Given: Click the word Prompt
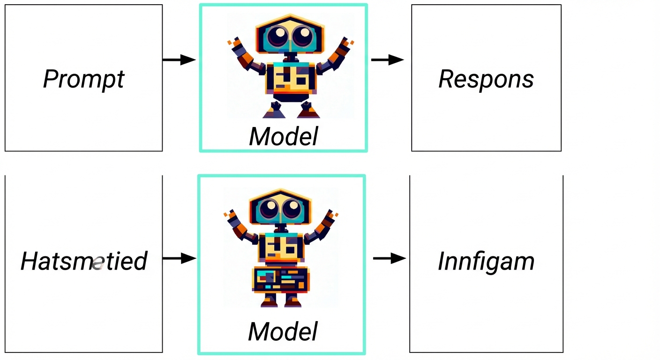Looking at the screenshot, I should point(83,79).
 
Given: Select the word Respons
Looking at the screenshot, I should point(486,79).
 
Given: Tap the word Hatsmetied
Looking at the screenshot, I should point(84,261).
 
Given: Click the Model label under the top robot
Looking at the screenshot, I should point(284,136).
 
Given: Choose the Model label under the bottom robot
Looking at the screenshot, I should point(283,331).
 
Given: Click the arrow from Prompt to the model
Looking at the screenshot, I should point(179,60).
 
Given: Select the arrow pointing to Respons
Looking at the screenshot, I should point(388,60).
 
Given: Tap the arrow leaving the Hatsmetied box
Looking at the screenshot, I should point(179,258).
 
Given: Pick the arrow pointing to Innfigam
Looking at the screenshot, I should point(390,258).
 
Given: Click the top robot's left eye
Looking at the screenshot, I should point(277,36).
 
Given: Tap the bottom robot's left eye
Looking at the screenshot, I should point(269,207).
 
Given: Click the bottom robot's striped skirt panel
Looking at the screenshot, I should point(280,279).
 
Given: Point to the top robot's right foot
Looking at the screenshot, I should point(309,112).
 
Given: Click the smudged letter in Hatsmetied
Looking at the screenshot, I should point(97,263).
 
